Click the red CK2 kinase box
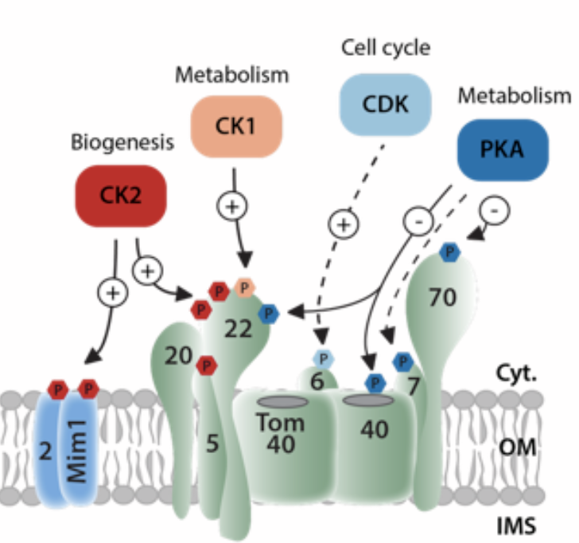coord(121,196)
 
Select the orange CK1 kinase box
coord(236,125)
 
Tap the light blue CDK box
coord(386,102)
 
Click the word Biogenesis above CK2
coord(122,143)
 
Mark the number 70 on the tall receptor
coord(442,298)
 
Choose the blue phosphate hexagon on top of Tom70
coord(450,252)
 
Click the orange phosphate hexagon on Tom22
coord(246,287)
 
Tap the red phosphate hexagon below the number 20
coord(208,365)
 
